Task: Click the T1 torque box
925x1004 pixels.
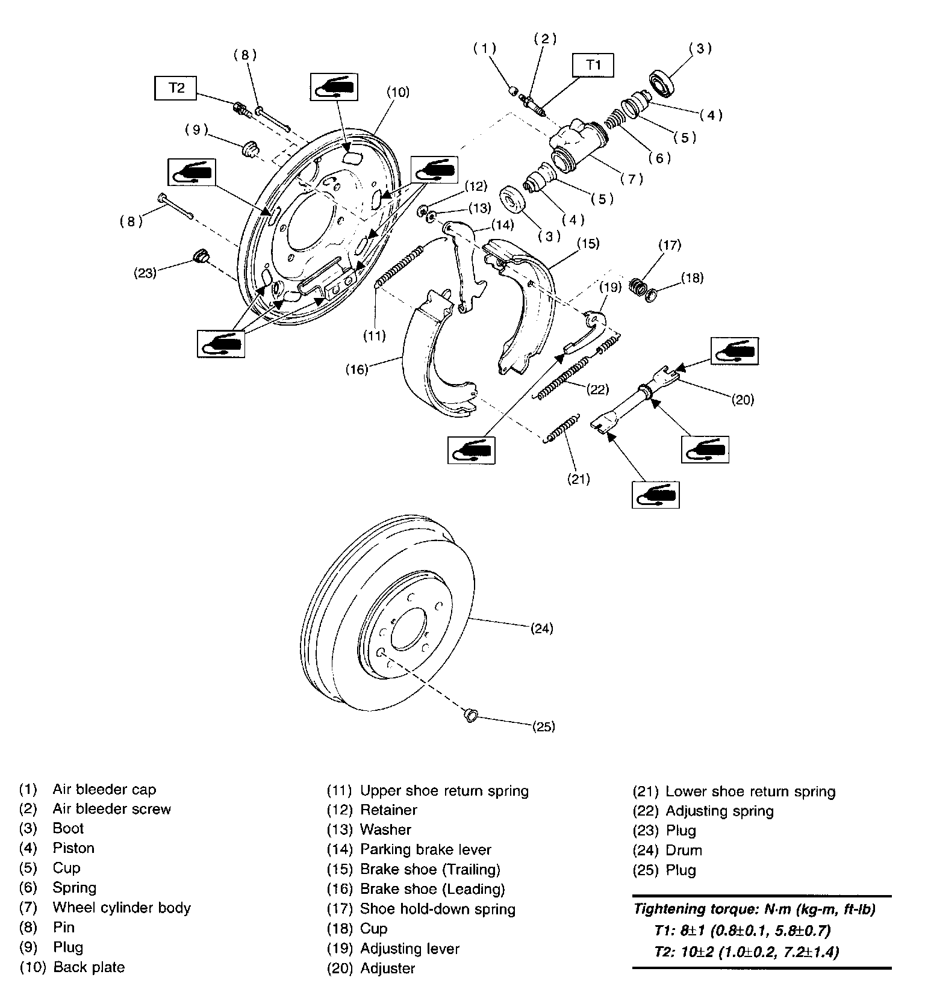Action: [x=594, y=65]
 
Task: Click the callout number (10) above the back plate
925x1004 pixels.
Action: [x=398, y=92]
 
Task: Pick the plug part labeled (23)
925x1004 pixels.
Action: [x=199, y=256]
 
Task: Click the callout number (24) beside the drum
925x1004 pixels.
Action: [x=542, y=628]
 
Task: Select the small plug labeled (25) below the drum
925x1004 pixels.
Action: [x=470, y=715]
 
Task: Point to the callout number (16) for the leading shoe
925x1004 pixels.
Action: [x=357, y=369]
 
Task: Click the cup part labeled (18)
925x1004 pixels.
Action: [x=650, y=295]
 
